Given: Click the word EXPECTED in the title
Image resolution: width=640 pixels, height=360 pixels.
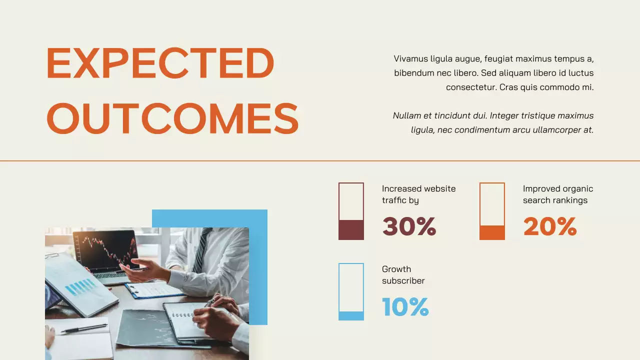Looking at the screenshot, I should coord(160,63).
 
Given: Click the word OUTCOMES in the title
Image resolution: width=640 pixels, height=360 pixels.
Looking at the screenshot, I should coord(172,118).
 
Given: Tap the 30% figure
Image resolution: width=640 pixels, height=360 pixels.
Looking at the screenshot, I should coord(409,226).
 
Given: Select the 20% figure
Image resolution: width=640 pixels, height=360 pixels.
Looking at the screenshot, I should coord(550,226).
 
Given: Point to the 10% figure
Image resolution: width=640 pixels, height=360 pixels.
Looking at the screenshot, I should coord(405,307).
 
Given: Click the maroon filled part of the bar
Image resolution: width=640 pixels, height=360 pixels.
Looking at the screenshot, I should coord(351,229).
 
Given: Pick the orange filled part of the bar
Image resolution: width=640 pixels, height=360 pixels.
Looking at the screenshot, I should coord(492,232).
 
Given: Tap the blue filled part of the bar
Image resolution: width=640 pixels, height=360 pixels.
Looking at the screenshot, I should coord(351,315).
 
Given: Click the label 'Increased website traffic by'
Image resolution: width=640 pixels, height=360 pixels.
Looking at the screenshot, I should coord(418,194).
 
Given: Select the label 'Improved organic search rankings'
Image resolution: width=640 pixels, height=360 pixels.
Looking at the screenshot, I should coord(558,194).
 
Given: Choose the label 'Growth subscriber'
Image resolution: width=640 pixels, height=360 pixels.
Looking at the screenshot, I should coord(403,275).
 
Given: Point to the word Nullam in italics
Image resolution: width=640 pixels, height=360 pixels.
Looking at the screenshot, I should coord(406,116).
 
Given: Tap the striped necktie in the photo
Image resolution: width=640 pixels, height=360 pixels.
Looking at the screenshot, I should coord(202,250).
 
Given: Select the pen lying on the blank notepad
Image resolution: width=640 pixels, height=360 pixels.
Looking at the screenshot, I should coord(84,328).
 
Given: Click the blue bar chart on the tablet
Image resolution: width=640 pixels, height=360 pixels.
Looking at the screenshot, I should coord(80,287).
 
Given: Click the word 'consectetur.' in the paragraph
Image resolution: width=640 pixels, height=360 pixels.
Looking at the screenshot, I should coord(470,87).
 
